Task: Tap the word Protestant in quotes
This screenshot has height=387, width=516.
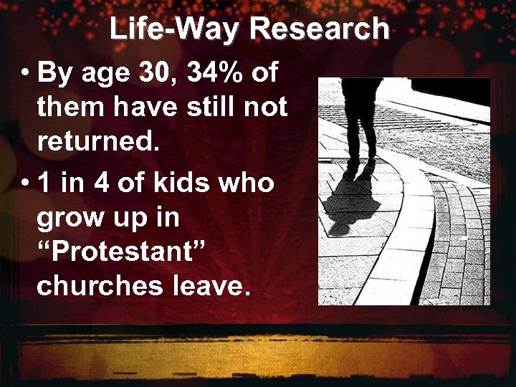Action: (121, 252)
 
